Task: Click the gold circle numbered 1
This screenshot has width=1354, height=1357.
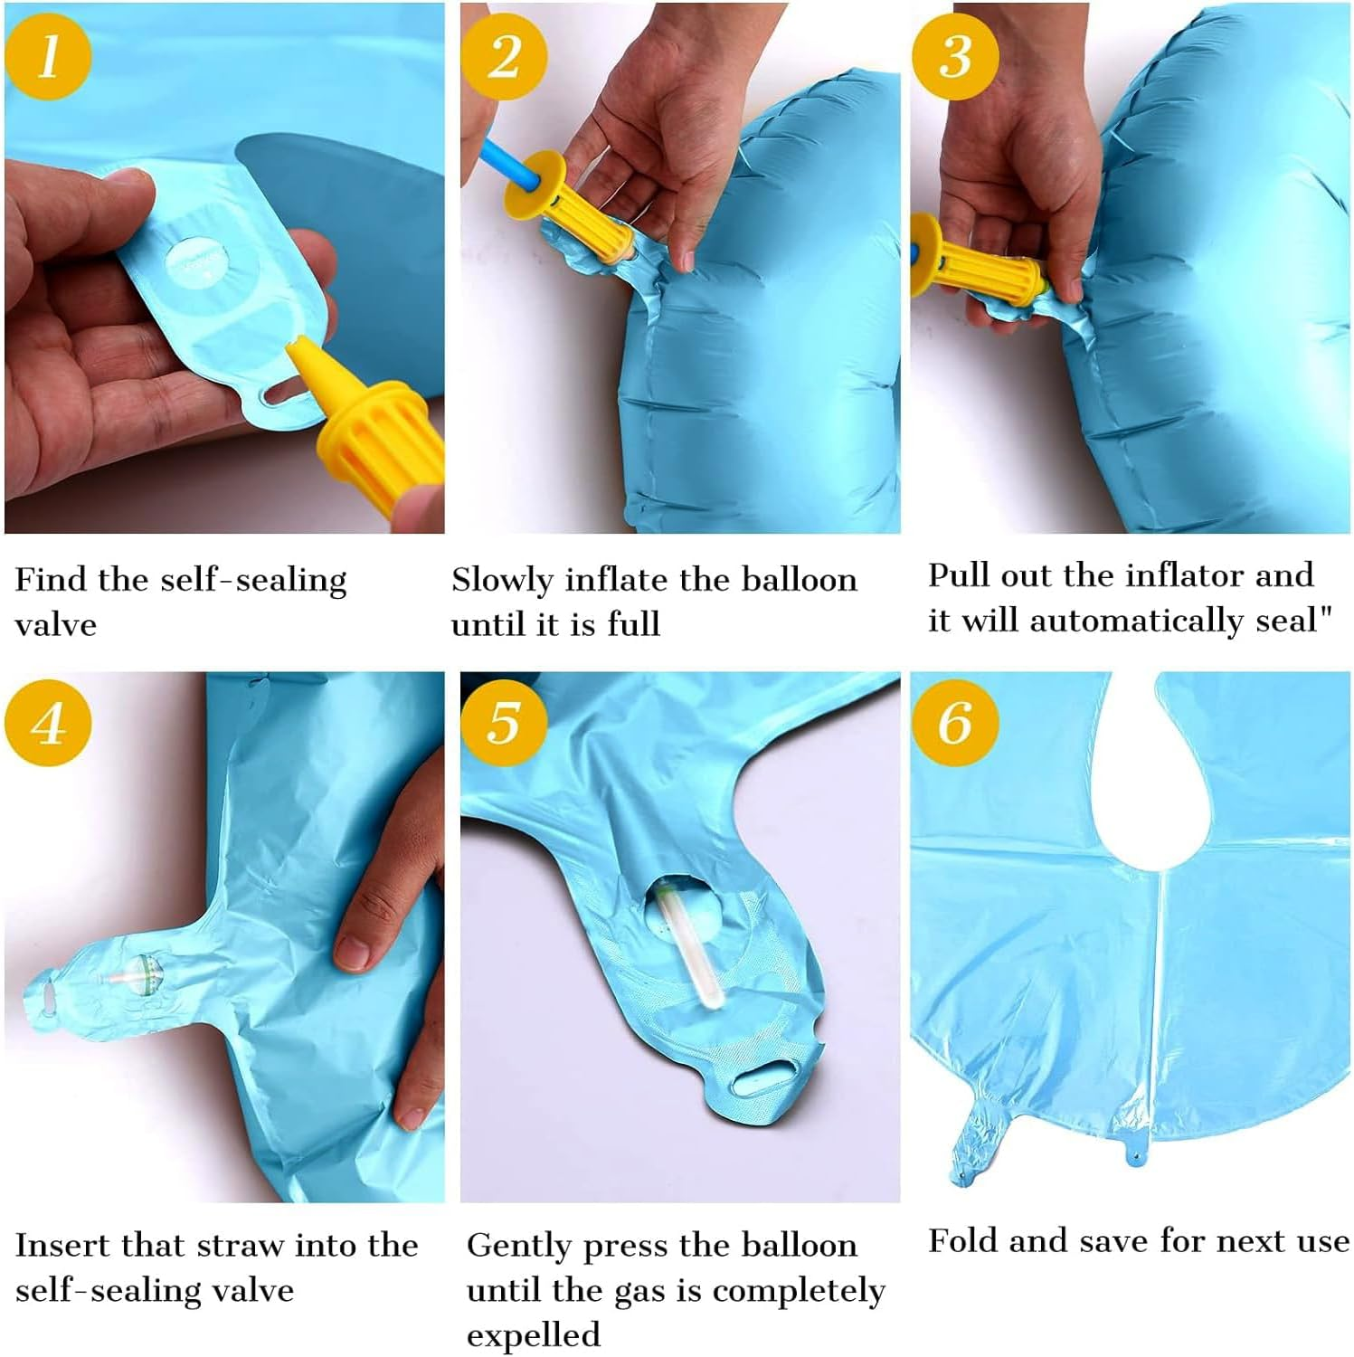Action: tap(49, 56)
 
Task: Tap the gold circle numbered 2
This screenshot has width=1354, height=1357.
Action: tap(505, 56)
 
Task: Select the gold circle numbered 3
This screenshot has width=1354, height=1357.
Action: tap(955, 56)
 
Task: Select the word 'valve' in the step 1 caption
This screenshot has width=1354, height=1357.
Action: tap(56, 624)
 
